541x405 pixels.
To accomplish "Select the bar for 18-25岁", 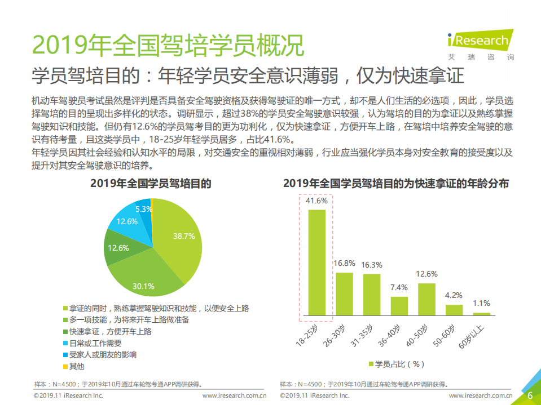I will click(316, 262).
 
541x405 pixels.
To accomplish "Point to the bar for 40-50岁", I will click(426, 299).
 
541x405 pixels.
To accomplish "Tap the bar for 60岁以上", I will click(481, 314).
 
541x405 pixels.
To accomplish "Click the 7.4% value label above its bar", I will click(399, 287).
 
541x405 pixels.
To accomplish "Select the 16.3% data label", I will click(372, 265).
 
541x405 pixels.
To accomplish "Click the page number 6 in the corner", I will click(530, 396).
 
